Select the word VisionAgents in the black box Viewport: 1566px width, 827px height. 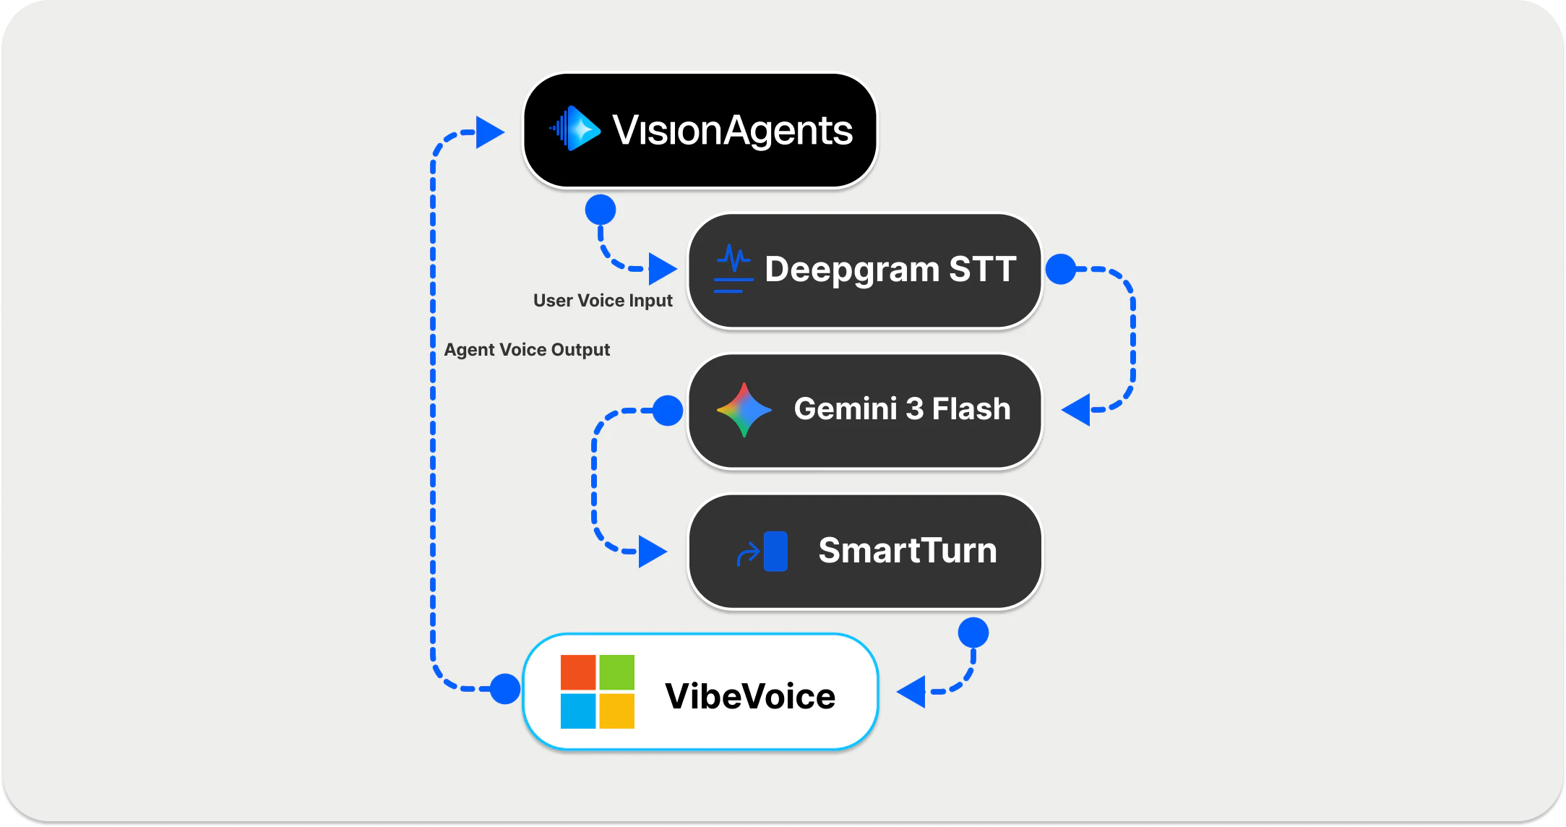click(732, 130)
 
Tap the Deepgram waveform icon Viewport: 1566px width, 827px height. click(733, 268)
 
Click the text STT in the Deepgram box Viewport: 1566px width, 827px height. click(982, 269)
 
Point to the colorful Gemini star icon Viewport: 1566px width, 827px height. click(744, 410)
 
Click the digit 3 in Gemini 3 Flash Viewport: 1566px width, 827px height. click(914, 409)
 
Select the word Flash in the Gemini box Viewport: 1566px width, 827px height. click(971, 409)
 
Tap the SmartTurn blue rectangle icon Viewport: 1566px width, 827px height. click(775, 552)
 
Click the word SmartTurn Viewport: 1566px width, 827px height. click(908, 551)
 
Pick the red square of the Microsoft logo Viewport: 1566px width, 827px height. click(578, 672)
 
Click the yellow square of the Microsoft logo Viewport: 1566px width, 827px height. click(616, 711)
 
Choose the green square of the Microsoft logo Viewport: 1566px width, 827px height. click(616, 672)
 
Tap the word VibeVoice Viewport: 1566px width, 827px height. click(750, 696)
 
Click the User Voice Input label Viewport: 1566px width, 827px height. click(603, 301)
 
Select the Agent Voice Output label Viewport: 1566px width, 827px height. click(527, 350)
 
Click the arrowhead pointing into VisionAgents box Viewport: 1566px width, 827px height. click(489, 132)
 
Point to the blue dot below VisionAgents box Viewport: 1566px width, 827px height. click(601, 210)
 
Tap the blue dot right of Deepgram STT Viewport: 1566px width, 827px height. click(1061, 269)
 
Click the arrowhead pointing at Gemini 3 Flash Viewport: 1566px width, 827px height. click(1077, 410)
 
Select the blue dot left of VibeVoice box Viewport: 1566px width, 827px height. click(504, 688)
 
